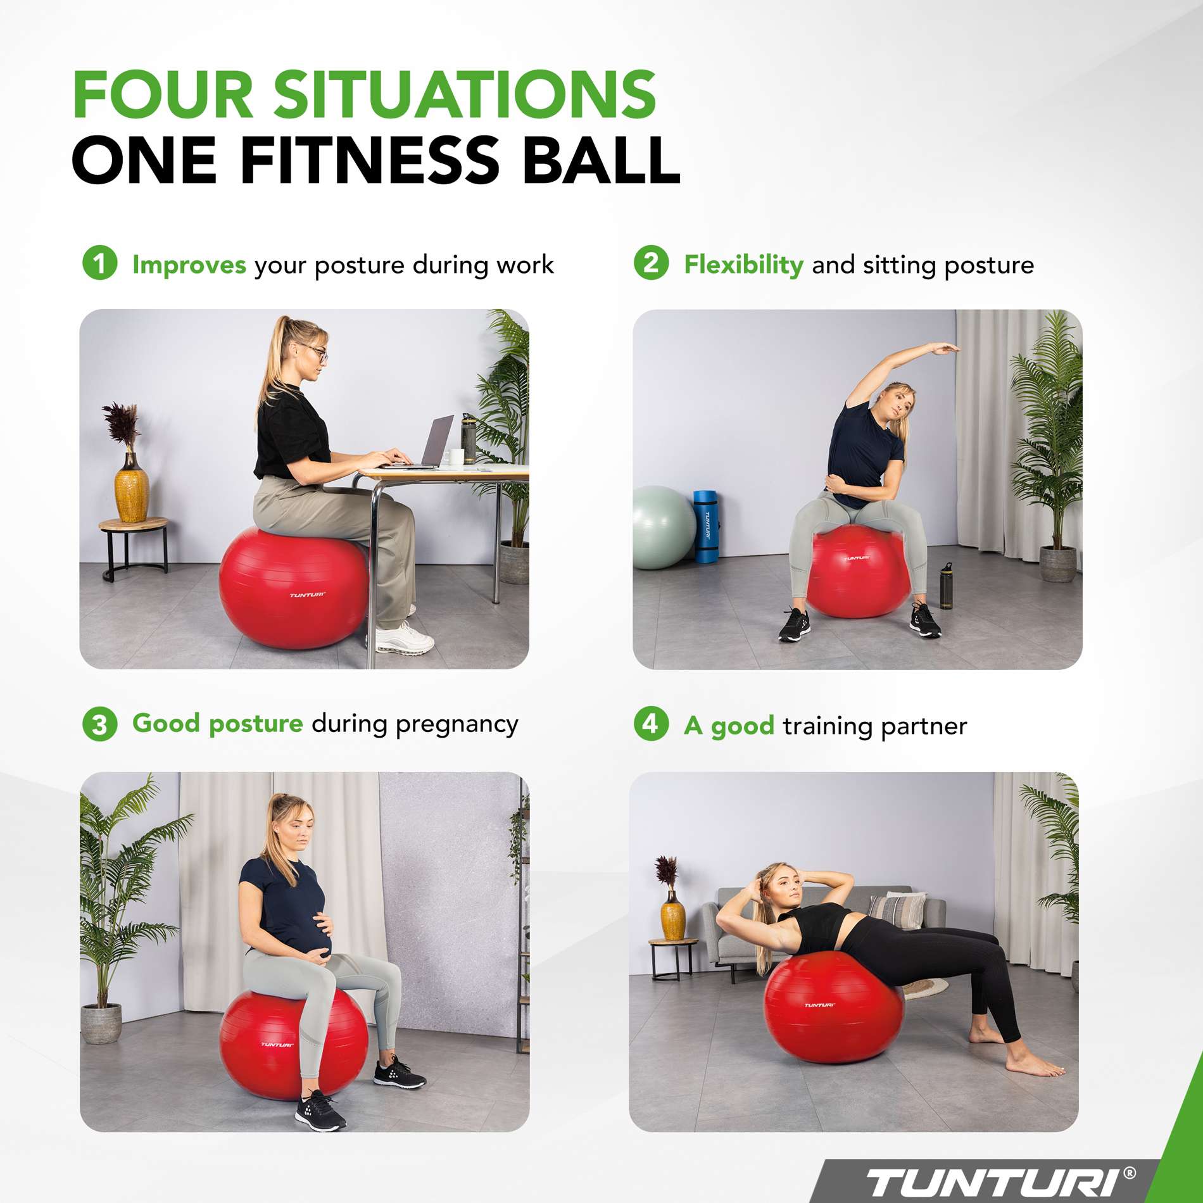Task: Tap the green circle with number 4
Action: click(x=651, y=723)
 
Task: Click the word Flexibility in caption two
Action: click(x=743, y=264)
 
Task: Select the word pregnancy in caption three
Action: click(x=457, y=724)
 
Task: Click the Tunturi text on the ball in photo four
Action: click(x=819, y=1005)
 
